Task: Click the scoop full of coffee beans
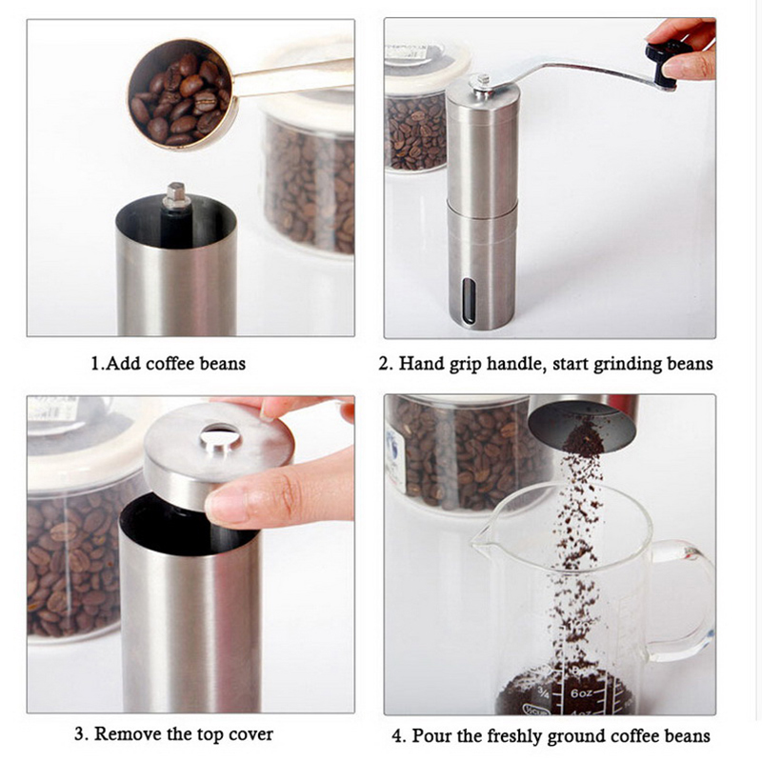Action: coord(181,94)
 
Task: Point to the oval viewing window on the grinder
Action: coord(469,301)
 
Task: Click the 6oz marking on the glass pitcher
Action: coord(581,693)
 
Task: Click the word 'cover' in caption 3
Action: coord(251,734)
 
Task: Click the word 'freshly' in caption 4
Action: coord(515,736)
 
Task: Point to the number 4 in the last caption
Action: coord(397,735)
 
